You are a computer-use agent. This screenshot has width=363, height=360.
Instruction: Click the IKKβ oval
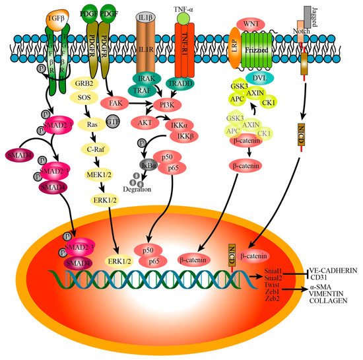click(x=181, y=137)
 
